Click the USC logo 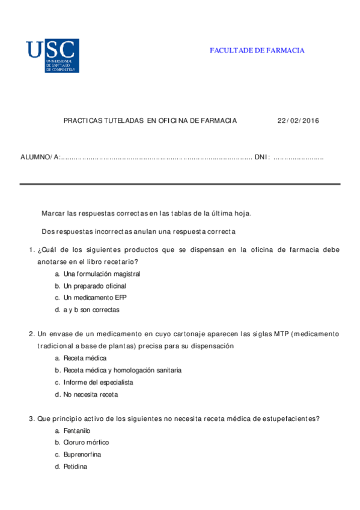point(52,55)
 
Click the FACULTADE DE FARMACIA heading point(257,51)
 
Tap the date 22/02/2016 point(298,120)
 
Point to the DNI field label point(262,157)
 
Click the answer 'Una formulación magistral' point(102,274)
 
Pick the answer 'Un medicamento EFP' point(94,298)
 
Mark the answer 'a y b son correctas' point(91,310)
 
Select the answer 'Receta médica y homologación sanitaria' point(122,370)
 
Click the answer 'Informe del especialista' point(98,382)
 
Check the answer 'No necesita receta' point(91,395)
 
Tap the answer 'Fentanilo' point(76,431)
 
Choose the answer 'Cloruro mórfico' point(86,443)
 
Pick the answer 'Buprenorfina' point(82,455)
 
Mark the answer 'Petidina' point(75,467)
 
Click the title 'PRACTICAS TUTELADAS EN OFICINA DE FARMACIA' point(150,120)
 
